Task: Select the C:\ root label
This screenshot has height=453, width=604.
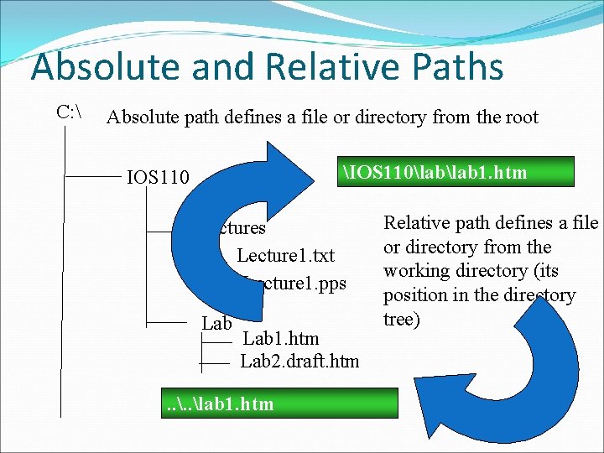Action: (x=67, y=112)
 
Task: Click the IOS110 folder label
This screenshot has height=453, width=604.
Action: (x=158, y=177)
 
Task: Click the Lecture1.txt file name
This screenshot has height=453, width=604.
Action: (x=285, y=255)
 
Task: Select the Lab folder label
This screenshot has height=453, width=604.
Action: (x=217, y=324)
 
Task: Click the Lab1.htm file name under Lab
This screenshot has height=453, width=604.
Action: (x=280, y=339)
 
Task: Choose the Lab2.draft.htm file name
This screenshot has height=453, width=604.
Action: (x=299, y=362)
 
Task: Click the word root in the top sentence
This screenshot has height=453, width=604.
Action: (x=519, y=117)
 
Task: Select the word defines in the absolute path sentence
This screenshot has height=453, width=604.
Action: (x=258, y=117)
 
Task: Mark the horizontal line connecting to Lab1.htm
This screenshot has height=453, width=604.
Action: (x=216, y=340)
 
